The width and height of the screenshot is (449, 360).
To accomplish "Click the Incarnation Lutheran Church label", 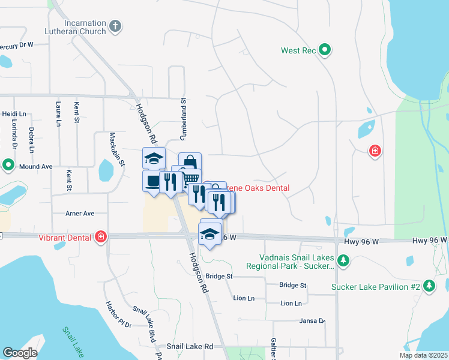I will (75, 26).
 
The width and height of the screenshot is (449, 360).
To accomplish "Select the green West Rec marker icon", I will (325, 50).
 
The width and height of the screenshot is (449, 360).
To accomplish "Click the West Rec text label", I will (298, 50).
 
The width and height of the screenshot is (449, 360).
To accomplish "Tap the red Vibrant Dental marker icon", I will (101, 237).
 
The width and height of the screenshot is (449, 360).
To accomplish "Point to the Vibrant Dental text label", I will (66, 238).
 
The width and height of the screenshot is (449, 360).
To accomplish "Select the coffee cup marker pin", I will (153, 181).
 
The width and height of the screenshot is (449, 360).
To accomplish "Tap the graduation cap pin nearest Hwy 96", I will (210, 234).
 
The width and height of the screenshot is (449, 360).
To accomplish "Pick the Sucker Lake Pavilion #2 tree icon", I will (429, 286).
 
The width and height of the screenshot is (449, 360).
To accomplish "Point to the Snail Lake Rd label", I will (190, 347).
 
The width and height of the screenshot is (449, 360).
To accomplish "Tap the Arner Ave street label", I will (80, 213).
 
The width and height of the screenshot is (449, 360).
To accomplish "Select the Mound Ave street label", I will (36, 166).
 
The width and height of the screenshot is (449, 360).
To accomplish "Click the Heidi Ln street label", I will (14, 113).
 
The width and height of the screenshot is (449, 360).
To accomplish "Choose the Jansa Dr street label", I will (312, 321).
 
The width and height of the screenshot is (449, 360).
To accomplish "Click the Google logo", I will (20, 352).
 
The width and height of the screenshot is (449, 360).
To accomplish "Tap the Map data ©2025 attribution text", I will (423, 355).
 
